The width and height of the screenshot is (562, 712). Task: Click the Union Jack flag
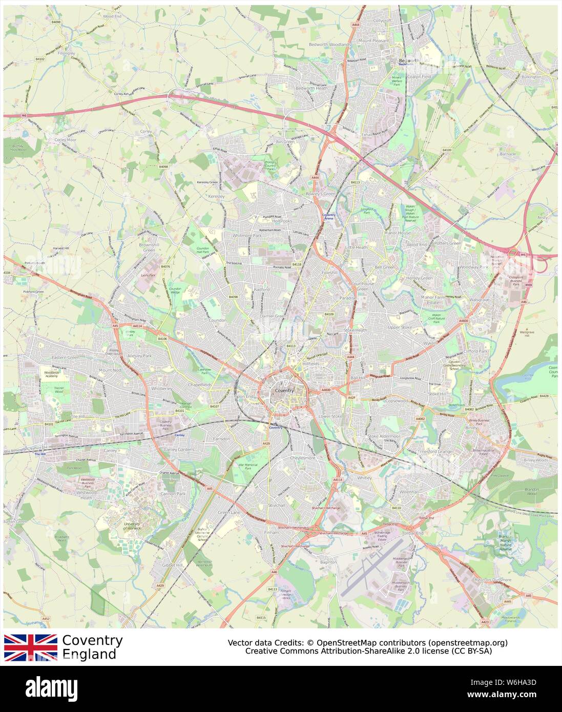click(31, 647)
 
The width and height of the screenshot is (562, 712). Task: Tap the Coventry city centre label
click(284, 391)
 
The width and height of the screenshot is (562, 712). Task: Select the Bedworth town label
click(409, 60)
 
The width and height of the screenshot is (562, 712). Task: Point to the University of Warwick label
click(132, 526)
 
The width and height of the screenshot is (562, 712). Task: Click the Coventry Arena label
click(328, 217)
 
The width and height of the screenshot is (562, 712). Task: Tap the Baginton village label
click(328, 562)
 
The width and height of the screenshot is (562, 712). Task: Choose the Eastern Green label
click(66, 357)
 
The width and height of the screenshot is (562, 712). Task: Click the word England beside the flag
click(89, 654)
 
